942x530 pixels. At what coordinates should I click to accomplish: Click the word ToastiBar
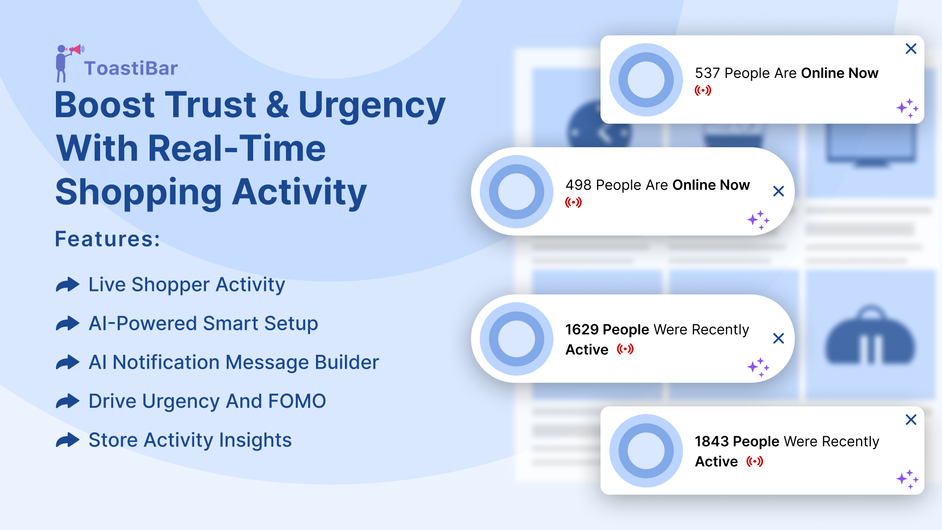(x=131, y=68)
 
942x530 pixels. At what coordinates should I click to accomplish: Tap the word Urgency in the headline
(x=372, y=105)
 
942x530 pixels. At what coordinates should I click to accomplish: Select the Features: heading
(x=107, y=239)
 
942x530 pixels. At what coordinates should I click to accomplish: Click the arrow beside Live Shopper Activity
(x=68, y=285)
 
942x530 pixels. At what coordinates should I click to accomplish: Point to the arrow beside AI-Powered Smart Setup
(x=68, y=323)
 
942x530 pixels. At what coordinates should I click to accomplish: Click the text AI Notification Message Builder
(x=234, y=362)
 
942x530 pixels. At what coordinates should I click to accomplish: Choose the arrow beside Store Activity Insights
(x=68, y=440)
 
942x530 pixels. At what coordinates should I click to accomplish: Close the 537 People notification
(x=911, y=49)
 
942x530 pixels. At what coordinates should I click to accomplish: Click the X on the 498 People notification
(x=779, y=191)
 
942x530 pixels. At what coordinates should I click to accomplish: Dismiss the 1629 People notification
(x=779, y=338)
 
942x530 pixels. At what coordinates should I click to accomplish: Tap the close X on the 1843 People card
(x=911, y=420)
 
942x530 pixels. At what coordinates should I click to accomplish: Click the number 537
(x=707, y=73)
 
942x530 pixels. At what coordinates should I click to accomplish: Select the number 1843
(x=712, y=441)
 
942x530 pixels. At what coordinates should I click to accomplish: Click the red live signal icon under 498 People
(x=574, y=202)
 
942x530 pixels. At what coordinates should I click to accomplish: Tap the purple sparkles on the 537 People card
(x=908, y=108)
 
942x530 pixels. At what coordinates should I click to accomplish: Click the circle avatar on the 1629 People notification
(x=517, y=339)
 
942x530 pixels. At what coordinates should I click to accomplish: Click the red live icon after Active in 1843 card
(x=755, y=461)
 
